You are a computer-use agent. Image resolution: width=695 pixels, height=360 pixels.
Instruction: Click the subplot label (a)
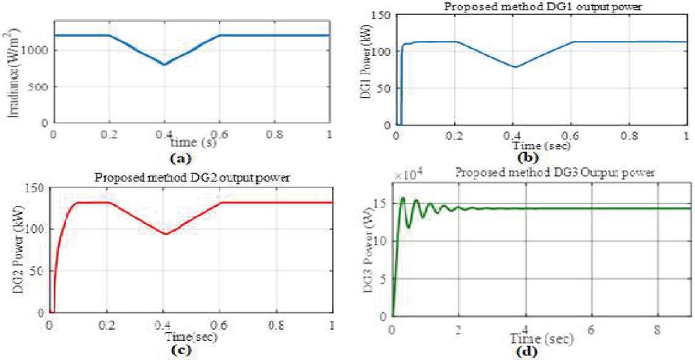point(189,157)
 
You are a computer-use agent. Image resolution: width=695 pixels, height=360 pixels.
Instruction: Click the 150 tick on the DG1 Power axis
point(381,14)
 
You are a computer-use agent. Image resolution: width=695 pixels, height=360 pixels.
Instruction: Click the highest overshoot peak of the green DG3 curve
point(403,198)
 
